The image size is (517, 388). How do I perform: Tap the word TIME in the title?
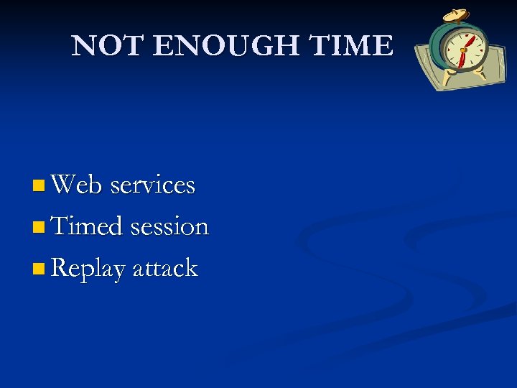click(x=350, y=46)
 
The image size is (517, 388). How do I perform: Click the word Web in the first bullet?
click(x=78, y=185)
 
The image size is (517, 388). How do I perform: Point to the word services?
click(x=153, y=185)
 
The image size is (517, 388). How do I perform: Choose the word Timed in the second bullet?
click(x=88, y=226)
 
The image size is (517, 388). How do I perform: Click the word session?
click(x=169, y=227)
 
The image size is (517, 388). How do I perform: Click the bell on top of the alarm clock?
click(x=455, y=15)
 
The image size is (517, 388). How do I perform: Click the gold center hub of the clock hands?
click(x=464, y=50)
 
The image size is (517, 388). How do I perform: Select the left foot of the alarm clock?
click(x=445, y=73)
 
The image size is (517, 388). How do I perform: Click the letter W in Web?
click(x=64, y=185)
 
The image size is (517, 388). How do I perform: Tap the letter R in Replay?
click(x=60, y=268)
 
